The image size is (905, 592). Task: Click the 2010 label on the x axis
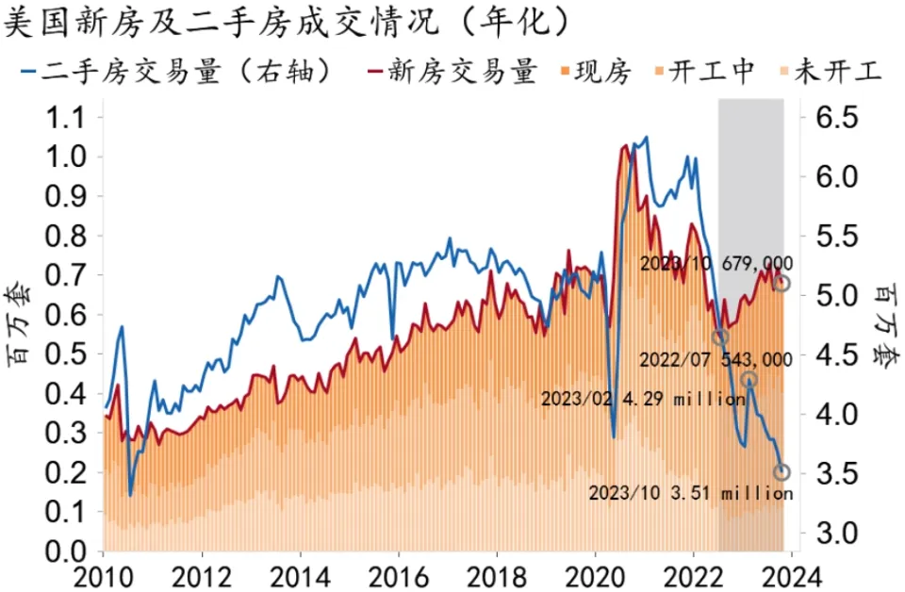(x=103, y=575)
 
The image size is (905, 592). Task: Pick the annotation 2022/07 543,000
(x=716, y=359)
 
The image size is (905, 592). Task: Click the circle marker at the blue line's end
(x=782, y=471)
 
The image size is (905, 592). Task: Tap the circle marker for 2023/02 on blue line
(x=749, y=380)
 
